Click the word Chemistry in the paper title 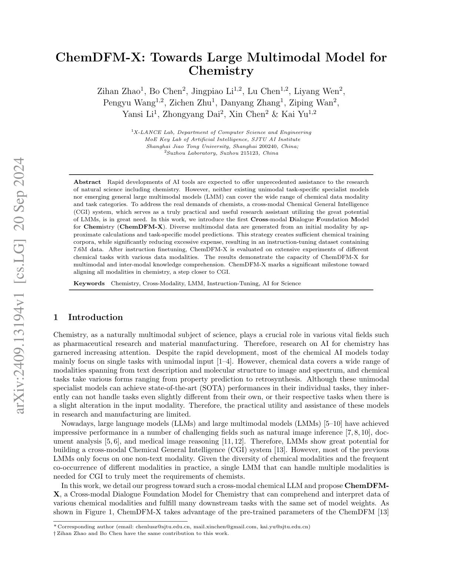coord(221,71)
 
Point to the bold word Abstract coord(87,182)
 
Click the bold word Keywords coord(89,283)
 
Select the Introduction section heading coord(95,317)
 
